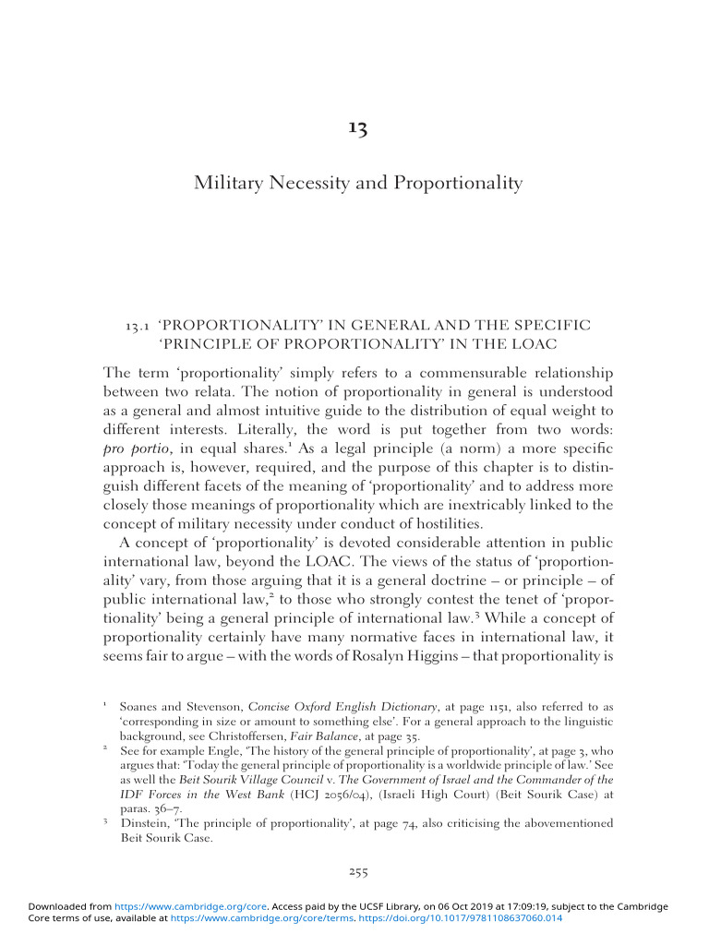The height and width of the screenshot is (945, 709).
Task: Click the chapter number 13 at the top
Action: (x=358, y=128)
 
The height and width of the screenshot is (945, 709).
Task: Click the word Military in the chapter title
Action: (x=226, y=183)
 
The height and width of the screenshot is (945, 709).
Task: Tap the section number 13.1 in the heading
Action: (x=139, y=327)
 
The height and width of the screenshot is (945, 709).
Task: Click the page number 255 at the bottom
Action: (x=358, y=869)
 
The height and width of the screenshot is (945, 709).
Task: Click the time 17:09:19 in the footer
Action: (x=535, y=906)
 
